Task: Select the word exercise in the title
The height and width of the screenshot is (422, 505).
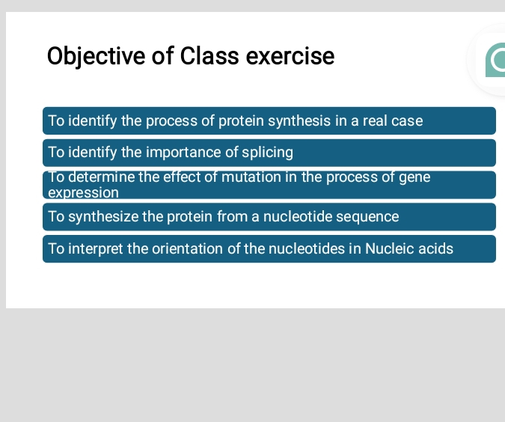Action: [x=290, y=56]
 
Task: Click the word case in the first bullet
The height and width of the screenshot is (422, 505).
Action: [x=407, y=120]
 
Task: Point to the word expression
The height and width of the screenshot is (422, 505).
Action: [x=83, y=192]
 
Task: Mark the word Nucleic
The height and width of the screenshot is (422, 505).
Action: [x=389, y=248]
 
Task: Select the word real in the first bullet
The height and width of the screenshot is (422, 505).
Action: [x=376, y=120]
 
